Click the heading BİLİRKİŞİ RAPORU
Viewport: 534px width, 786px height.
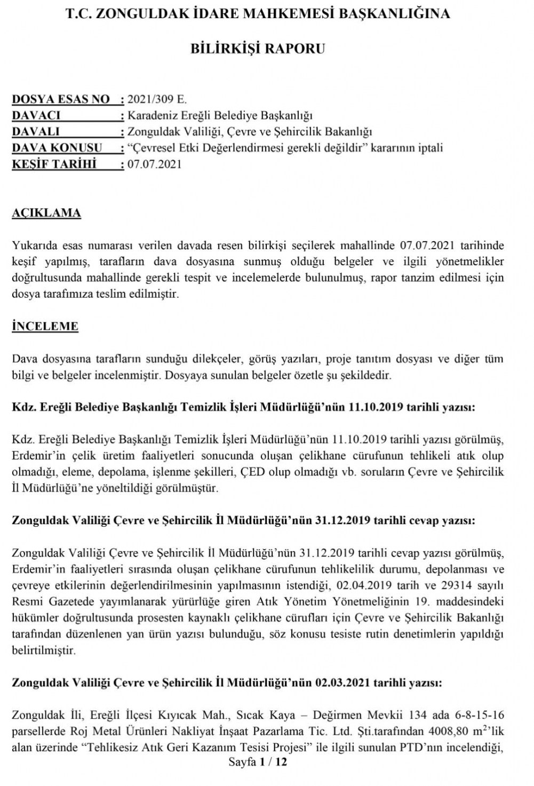[x=258, y=49]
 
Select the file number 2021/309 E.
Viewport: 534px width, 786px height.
[x=157, y=99]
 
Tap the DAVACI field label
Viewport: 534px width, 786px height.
[x=36, y=115]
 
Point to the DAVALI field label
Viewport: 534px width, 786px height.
[x=36, y=131]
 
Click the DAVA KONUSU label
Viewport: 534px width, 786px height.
[x=57, y=148]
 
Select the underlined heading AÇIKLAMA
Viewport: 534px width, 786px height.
[x=46, y=213]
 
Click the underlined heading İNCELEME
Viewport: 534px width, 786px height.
[x=45, y=327]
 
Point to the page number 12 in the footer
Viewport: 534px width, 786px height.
[x=281, y=762]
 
